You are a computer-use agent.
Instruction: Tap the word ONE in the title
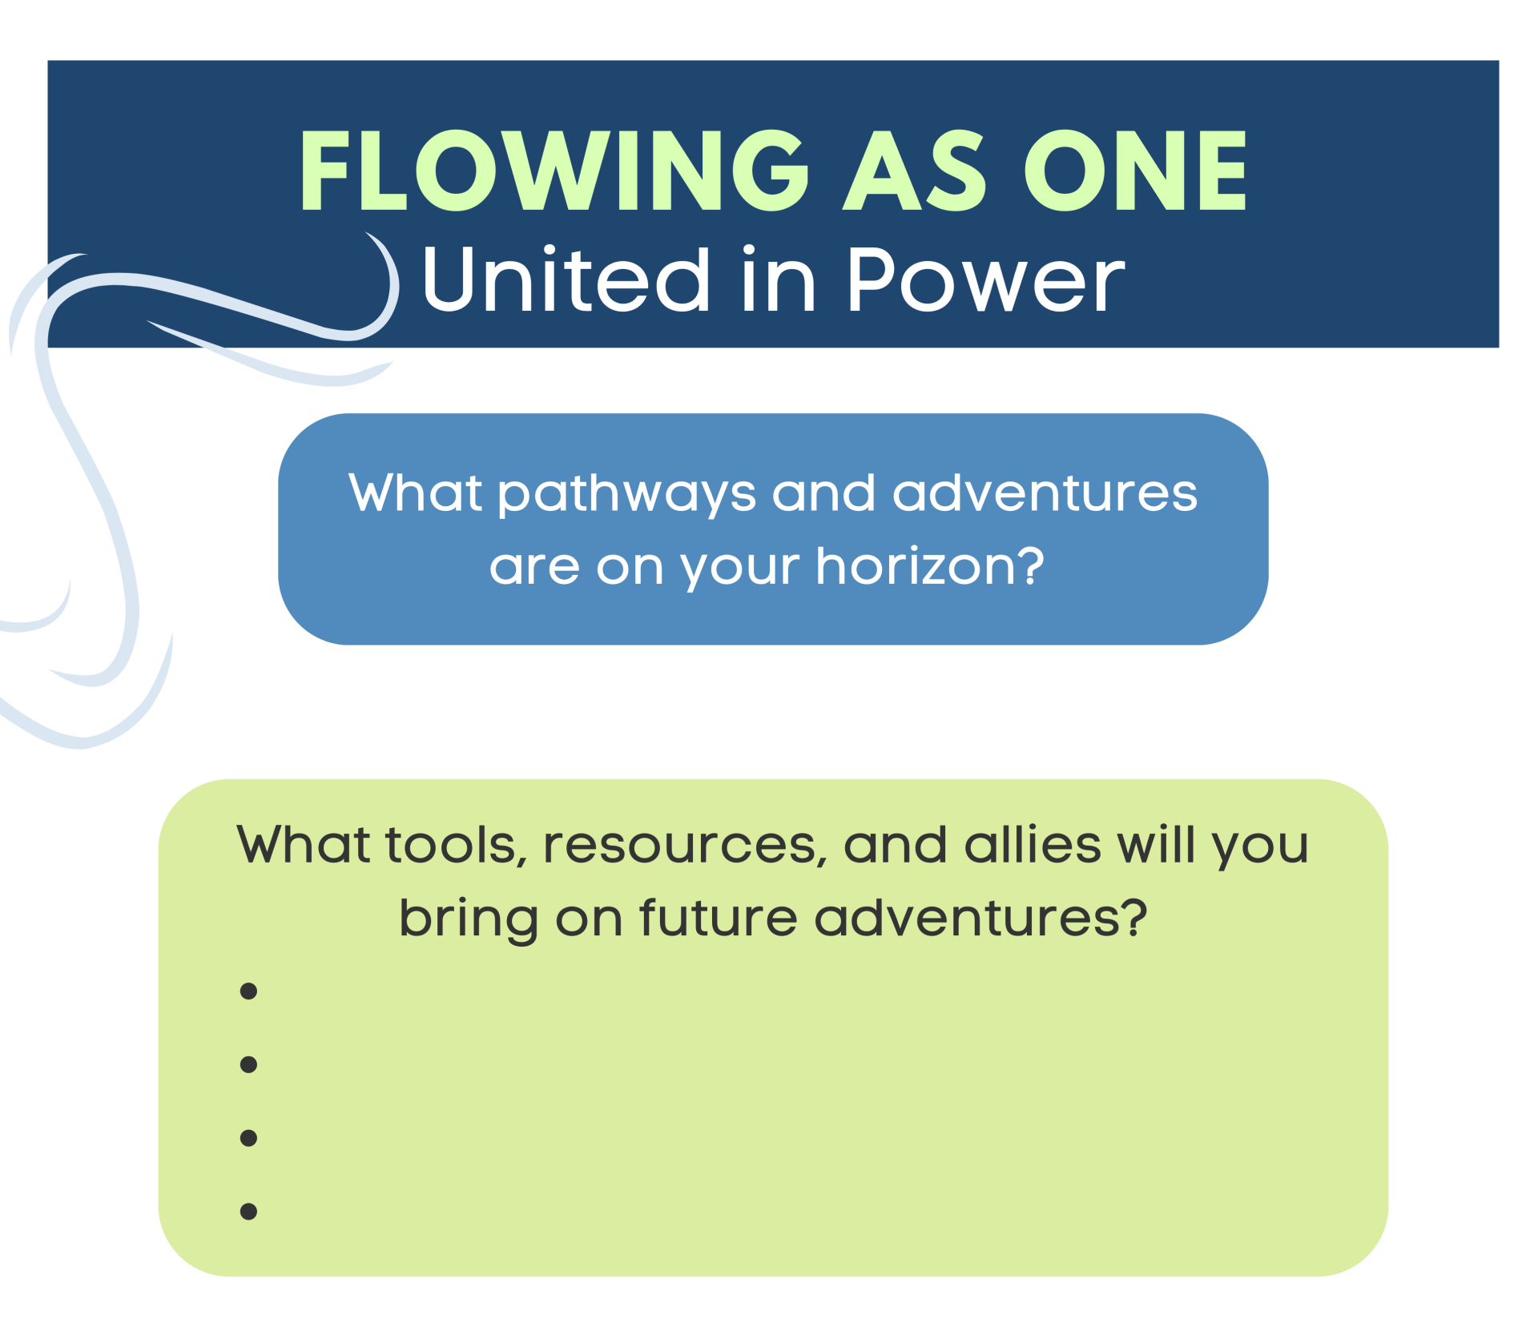[1135, 170]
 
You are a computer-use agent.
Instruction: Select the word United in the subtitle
[566, 279]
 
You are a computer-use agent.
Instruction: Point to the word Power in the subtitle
[986, 279]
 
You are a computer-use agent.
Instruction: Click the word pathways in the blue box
[627, 493]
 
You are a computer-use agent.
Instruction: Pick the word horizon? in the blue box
[930, 566]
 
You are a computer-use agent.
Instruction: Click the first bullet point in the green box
[248, 991]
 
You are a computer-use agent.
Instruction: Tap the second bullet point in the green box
[248, 1064]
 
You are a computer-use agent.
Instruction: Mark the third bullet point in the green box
[248, 1138]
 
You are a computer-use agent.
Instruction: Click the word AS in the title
[914, 170]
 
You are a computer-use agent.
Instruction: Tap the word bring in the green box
[469, 919]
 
